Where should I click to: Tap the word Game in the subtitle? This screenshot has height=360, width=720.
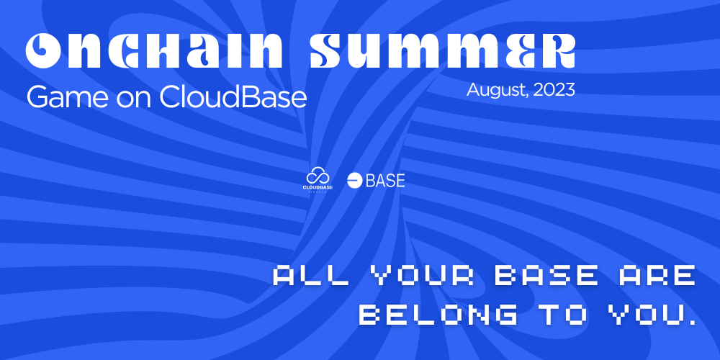(x=59, y=97)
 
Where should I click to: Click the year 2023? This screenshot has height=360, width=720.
(x=555, y=91)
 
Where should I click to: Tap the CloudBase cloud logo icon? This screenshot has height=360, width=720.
(x=318, y=176)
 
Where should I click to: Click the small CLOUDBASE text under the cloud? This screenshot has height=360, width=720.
(x=318, y=187)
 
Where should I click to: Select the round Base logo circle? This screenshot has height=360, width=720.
(x=354, y=181)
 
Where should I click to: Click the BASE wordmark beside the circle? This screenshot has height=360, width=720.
(x=385, y=181)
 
